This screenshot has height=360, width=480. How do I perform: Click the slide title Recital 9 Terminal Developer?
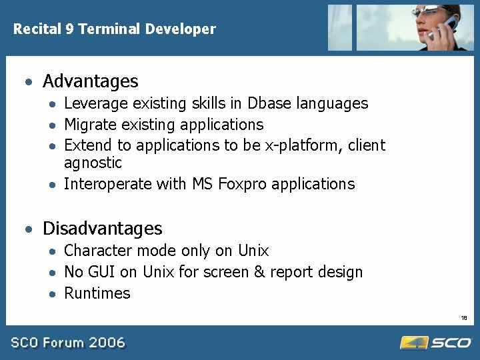click(x=115, y=29)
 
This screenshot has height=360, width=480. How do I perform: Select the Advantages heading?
click(x=90, y=81)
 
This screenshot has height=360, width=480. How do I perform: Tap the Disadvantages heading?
click(x=102, y=229)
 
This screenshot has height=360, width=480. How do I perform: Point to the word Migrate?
click(x=89, y=125)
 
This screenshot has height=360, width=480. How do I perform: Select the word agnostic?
click(x=93, y=163)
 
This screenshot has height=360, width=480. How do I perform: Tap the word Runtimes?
click(x=97, y=293)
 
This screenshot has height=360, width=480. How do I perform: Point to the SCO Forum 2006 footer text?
click(x=67, y=343)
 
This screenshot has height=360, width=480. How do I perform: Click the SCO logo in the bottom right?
click(x=436, y=343)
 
